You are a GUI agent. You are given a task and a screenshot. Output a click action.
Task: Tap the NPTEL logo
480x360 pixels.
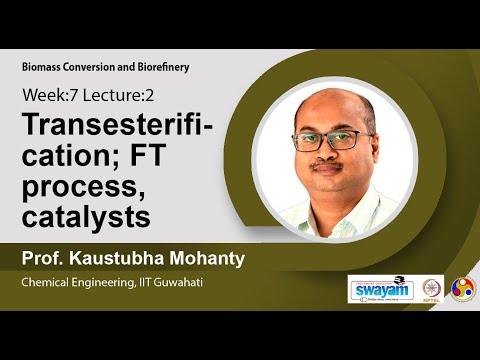[x=432, y=288]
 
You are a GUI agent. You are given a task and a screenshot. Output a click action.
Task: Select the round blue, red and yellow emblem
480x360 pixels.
[x=463, y=288]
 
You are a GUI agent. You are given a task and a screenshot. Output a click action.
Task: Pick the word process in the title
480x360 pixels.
[x=74, y=187]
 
